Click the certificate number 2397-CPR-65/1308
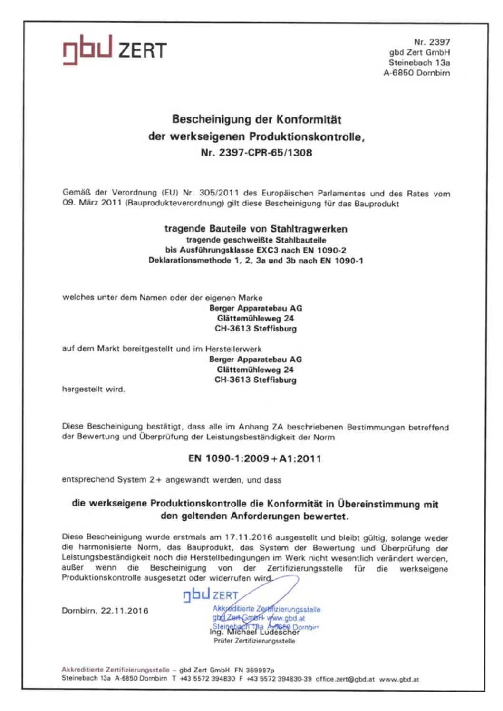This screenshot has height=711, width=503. click(x=265, y=153)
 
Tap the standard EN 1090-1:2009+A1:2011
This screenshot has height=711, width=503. click(x=255, y=458)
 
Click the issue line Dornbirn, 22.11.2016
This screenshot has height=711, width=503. click(x=105, y=611)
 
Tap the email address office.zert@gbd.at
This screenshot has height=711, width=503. click(x=345, y=679)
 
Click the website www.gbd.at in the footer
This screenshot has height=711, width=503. click(x=399, y=679)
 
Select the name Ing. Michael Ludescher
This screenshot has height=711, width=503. click(x=254, y=633)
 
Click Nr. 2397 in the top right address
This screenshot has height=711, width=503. click(x=432, y=42)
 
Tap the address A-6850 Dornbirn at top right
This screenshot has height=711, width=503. click(x=416, y=73)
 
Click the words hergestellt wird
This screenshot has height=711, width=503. click(x=94, y=389)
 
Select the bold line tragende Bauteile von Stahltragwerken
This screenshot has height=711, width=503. click(x=256, y=229)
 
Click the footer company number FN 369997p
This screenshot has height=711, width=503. click(x=254, y=670)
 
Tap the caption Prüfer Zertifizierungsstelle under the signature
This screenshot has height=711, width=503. click(x=254, y=641)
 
